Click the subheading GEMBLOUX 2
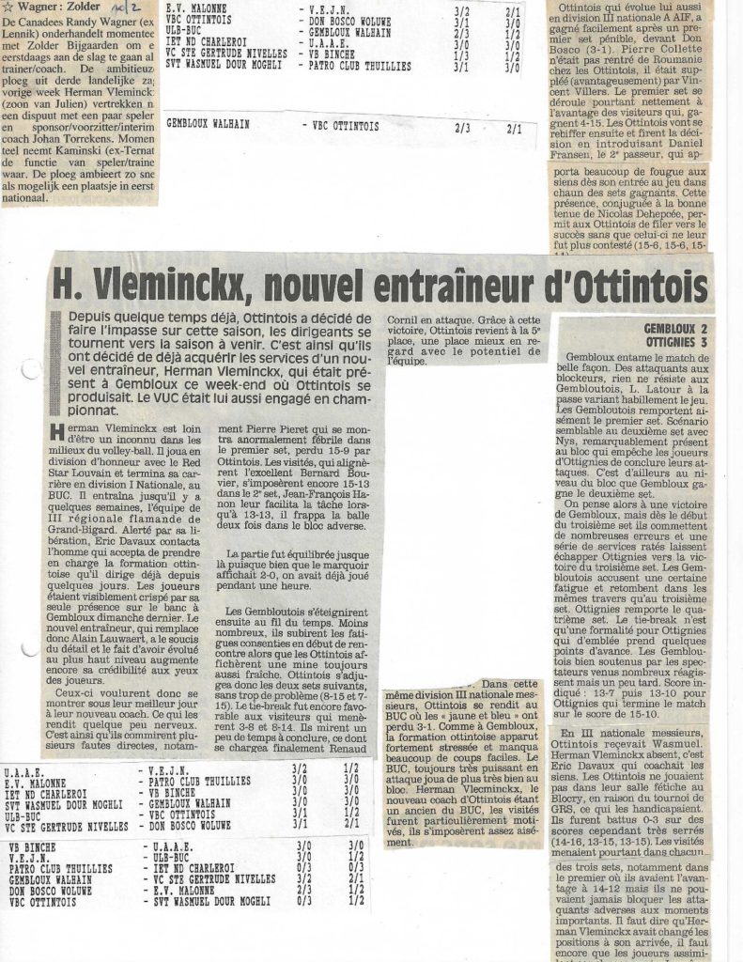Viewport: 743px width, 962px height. click(x=673, y=329)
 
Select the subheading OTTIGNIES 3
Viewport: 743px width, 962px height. click(x=673, y=342)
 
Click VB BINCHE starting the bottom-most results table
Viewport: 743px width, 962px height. click(x=30, y=846)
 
